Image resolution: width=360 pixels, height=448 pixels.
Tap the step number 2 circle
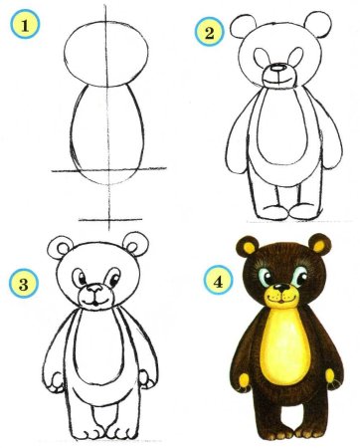(x=208, y=33)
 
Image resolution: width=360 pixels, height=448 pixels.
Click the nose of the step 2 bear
(x=279, y=72)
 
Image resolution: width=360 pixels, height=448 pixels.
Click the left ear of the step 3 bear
(x=60, y=249)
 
